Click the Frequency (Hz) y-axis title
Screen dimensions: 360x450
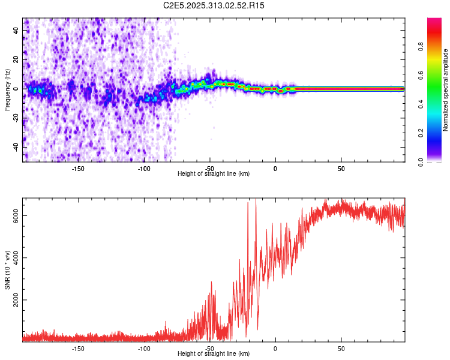point(7,89)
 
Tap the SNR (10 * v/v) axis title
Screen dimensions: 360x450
point(7,269)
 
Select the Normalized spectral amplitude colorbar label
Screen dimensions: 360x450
point(446,91)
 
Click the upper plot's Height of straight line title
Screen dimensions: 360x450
point(214,174)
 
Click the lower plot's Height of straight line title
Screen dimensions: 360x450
point(214,354)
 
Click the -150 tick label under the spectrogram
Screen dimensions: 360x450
point(78,169)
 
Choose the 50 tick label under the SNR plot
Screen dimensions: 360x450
point(341,349)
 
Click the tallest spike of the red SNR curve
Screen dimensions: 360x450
point(256,200)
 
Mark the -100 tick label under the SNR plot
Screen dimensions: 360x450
point(143,349)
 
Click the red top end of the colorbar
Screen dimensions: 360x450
point(434,21)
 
